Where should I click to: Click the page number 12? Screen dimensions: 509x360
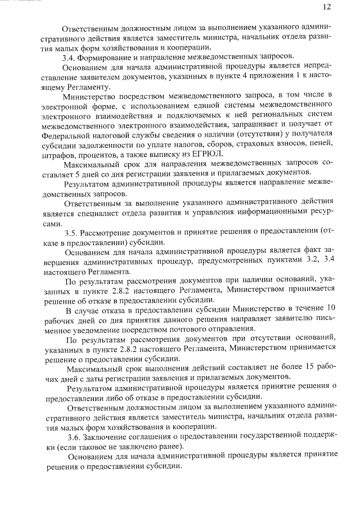click(x=327, y=7)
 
